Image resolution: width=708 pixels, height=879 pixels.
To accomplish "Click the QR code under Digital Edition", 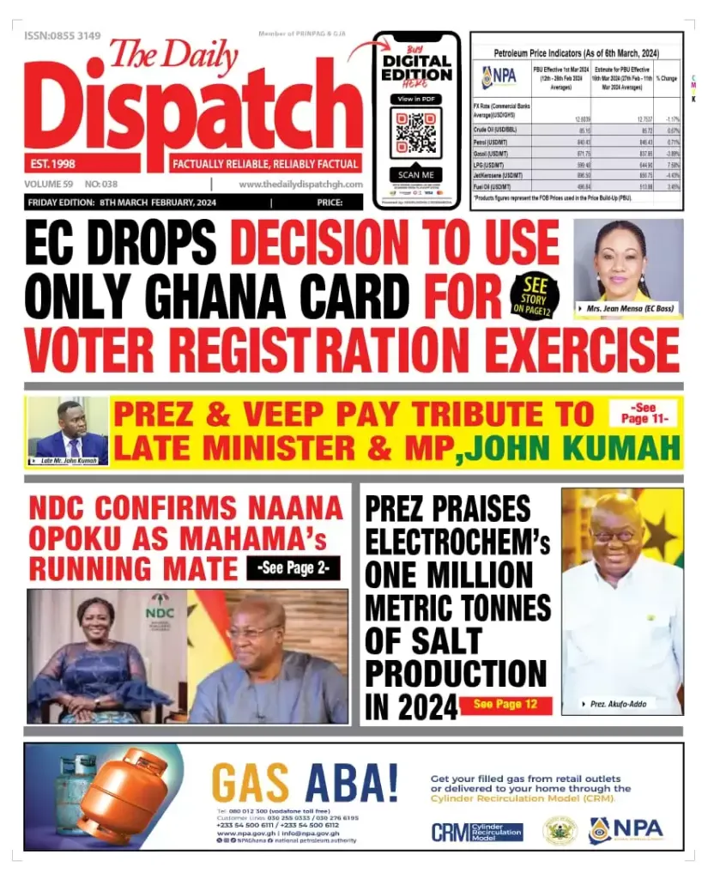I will pyautogui.click(x=416, y=133).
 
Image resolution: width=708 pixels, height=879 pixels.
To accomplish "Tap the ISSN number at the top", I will pyautogui.click(x=63, y=36).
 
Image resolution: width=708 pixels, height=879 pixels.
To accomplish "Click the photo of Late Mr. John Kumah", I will pyautogui.click(x=69, y=428).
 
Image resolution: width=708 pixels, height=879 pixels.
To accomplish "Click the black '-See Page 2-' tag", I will pyautogui.click(x=293, y=567).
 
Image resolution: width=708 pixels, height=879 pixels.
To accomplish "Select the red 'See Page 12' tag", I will pyautogui.click(x=505, y=705).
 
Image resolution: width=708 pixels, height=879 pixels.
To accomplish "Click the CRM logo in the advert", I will pyautogui.click(x=476, y=831).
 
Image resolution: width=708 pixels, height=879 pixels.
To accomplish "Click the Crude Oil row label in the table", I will pyautogui.click(x=495, y=130).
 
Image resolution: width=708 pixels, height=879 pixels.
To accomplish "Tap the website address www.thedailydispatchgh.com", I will pyautogui.click(x=300, y=184).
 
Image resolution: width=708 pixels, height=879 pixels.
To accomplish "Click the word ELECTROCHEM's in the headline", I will pyautogui.click(x=457, y=543).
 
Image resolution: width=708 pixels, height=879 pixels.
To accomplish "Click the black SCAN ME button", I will pyautogui.click(x=416, y=175).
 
